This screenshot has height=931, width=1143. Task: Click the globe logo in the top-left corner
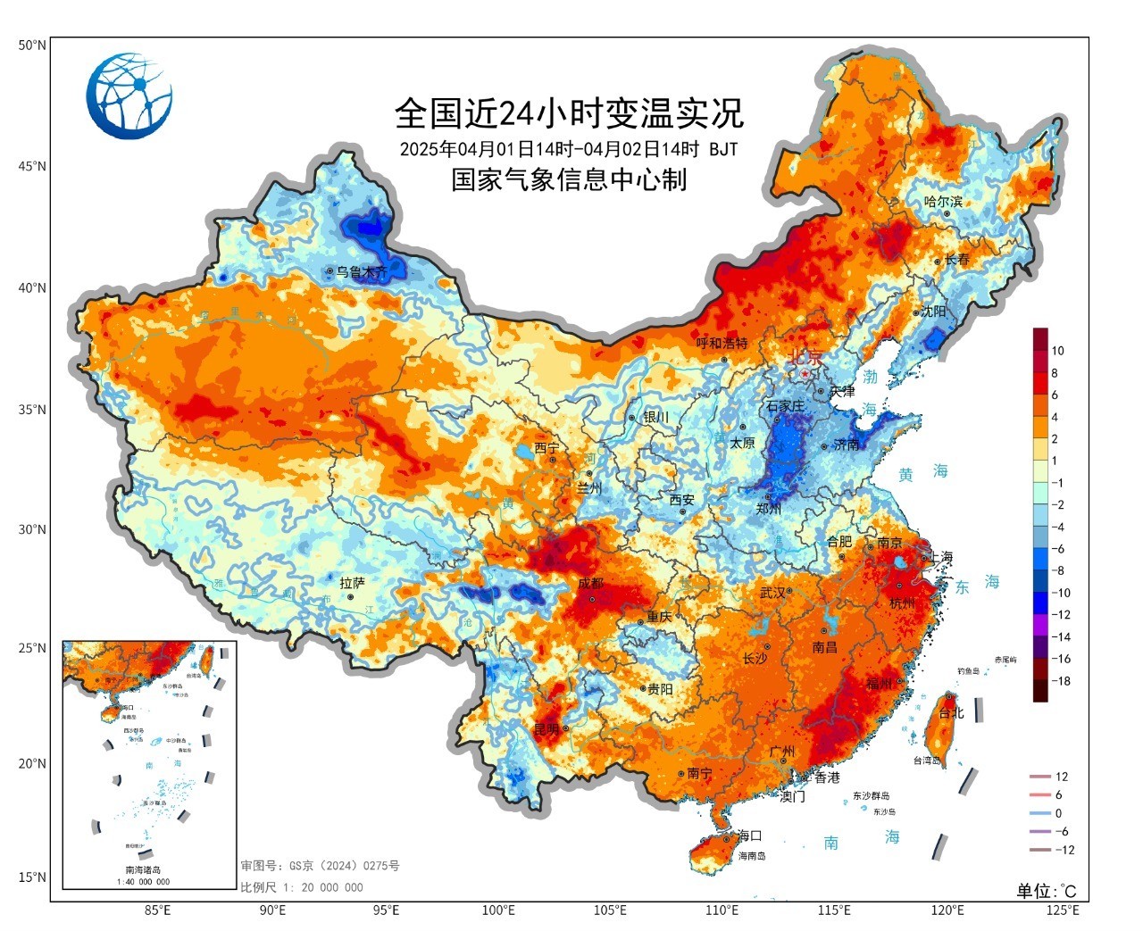coord(129,96)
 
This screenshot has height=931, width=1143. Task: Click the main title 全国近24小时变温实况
coord(569,113)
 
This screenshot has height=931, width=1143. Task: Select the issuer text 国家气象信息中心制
coord(569,179)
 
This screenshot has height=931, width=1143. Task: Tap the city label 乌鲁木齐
coord(362,272)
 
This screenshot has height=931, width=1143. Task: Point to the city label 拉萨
coord(354,582)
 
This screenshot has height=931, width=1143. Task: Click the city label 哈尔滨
coord(944,202)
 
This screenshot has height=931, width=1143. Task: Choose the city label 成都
coord(590,583)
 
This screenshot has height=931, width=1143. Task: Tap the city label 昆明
coord(546,729)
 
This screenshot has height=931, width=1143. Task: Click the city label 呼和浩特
coord(722,345)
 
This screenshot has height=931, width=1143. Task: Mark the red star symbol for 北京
coord(805,374)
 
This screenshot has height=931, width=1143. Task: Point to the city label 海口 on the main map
coord(749,835)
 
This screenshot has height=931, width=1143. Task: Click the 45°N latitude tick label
coord(31,166)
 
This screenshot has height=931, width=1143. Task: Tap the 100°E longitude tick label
coord(497,910)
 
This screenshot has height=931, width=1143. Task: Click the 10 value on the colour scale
coord(1057,351)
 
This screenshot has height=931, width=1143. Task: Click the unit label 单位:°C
coord(1046,891)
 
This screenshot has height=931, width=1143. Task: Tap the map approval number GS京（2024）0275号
coord(319,866)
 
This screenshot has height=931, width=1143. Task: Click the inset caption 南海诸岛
coord(143,869)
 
